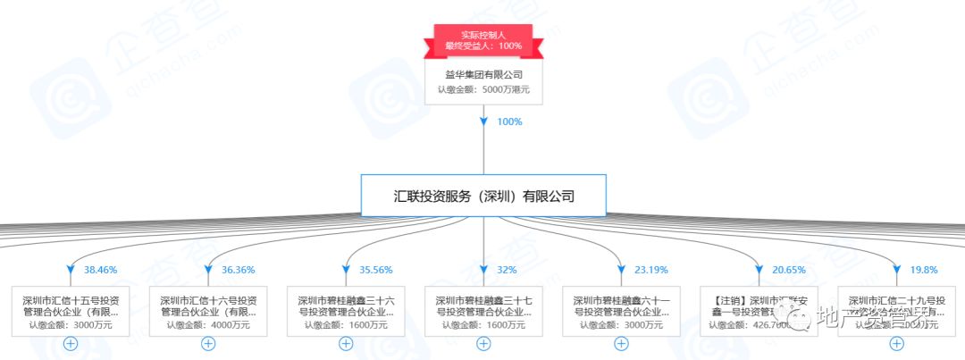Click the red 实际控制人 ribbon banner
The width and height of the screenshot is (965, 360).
pyautogui.click(x=483, y=40)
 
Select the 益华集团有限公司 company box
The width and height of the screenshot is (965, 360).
pyautogui.click(x=483, y=81)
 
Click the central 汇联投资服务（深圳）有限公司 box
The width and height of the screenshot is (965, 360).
pyautogui.click(x=483, y=195)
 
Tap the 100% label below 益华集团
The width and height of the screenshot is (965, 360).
pyautogui.click(x=509, y=121)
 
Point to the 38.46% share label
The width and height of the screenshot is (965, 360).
pyautogui.click(x=100, y=269)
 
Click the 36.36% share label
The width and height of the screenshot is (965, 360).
pyautogui.click(x=238, y=269)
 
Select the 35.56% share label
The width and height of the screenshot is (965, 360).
pyautogui.click(x=375, y=269)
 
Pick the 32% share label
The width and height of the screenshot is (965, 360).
pyautogui.click(x=506, y=269)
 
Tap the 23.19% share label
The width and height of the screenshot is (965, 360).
pyautogui.click(x=650, y=269)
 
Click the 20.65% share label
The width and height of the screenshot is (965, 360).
pyautogui.click(x=788, y=269)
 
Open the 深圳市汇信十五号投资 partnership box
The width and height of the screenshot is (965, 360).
pyautogui.click(x=71, y=311)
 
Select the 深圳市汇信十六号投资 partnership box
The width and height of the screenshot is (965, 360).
pyautogui.click(x=208, y=311)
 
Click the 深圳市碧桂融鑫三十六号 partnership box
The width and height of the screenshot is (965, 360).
pyautogui.click(x=346, y=311)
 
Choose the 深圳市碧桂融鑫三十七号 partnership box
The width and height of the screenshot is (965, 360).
pyautogui.click(x=483, y=311)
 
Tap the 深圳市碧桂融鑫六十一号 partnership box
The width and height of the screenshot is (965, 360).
pyautogui.click(x=621, y=311)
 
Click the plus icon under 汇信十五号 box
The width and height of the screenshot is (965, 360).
pyautogui.click(x=71, y=343)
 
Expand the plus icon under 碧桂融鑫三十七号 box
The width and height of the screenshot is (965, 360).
pyautogui.click(x=483, y=343)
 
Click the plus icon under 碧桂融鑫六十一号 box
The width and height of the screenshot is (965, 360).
pyautogui.click(x=621, y=343)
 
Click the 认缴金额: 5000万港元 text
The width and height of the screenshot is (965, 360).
pyautogui.click(x=483, y=90)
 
